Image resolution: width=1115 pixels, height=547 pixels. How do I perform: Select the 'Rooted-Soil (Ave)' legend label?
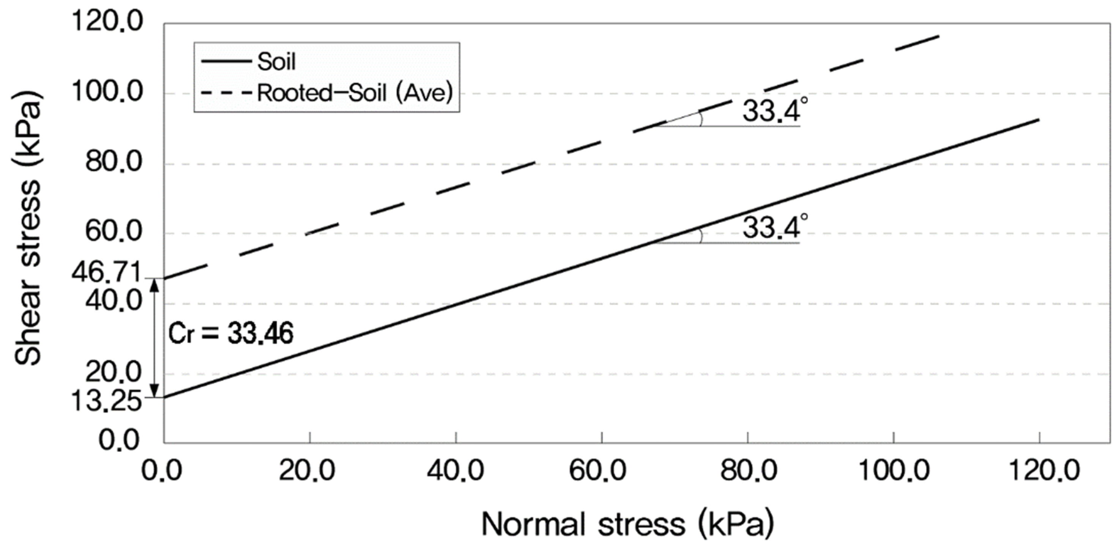355,93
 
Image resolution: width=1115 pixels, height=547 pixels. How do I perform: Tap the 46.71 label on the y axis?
106,273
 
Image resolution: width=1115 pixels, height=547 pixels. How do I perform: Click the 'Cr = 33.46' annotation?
231,334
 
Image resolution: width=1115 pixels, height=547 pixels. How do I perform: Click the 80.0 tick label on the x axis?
748,471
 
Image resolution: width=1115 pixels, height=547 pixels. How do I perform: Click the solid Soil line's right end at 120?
1038,120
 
